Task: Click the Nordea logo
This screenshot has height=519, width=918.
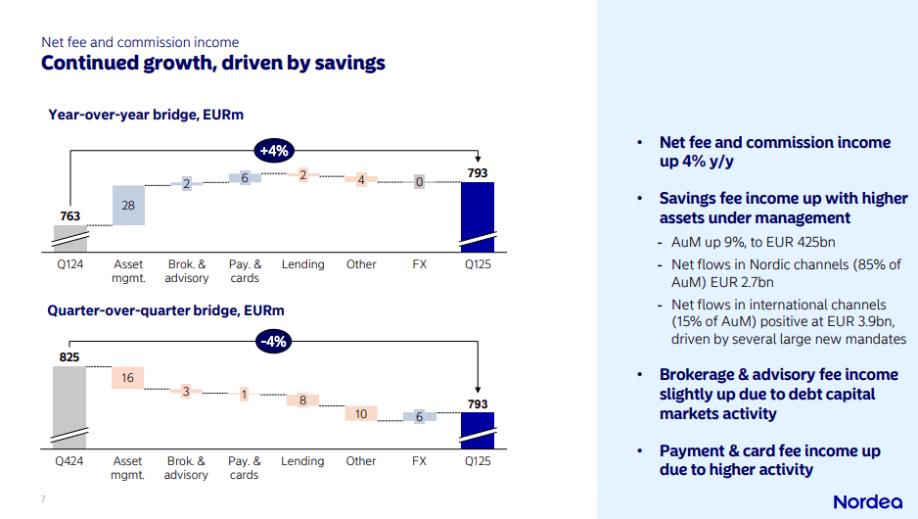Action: coord(867,501)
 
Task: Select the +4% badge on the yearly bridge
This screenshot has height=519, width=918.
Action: coord(273,150)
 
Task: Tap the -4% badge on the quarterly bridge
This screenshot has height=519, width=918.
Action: coord(273,342)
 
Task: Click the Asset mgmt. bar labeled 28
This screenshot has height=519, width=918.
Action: coord(128,205)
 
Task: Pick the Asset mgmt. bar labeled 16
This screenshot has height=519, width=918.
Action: coord(128,378)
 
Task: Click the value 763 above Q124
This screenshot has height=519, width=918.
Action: coord(70,215)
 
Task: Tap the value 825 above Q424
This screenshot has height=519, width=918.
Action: coord(70,356)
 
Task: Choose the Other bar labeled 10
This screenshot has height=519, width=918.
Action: coord(361,414)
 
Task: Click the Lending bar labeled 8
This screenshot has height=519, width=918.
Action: coord(302,400)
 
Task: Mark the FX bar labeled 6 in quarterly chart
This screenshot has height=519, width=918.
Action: coord(419,416)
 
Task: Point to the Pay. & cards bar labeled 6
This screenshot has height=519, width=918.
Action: coord(245,177)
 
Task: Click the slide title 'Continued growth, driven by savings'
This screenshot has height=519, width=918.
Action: coord(212,64)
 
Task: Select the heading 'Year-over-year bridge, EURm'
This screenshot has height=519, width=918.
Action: coord(146,115)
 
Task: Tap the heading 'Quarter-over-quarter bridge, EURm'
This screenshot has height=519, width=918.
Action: coord(166,310)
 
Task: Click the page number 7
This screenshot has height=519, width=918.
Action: coord(43,499)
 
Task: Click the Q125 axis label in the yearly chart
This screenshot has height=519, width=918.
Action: coord(477,264)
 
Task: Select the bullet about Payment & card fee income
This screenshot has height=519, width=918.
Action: coord(769,460)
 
